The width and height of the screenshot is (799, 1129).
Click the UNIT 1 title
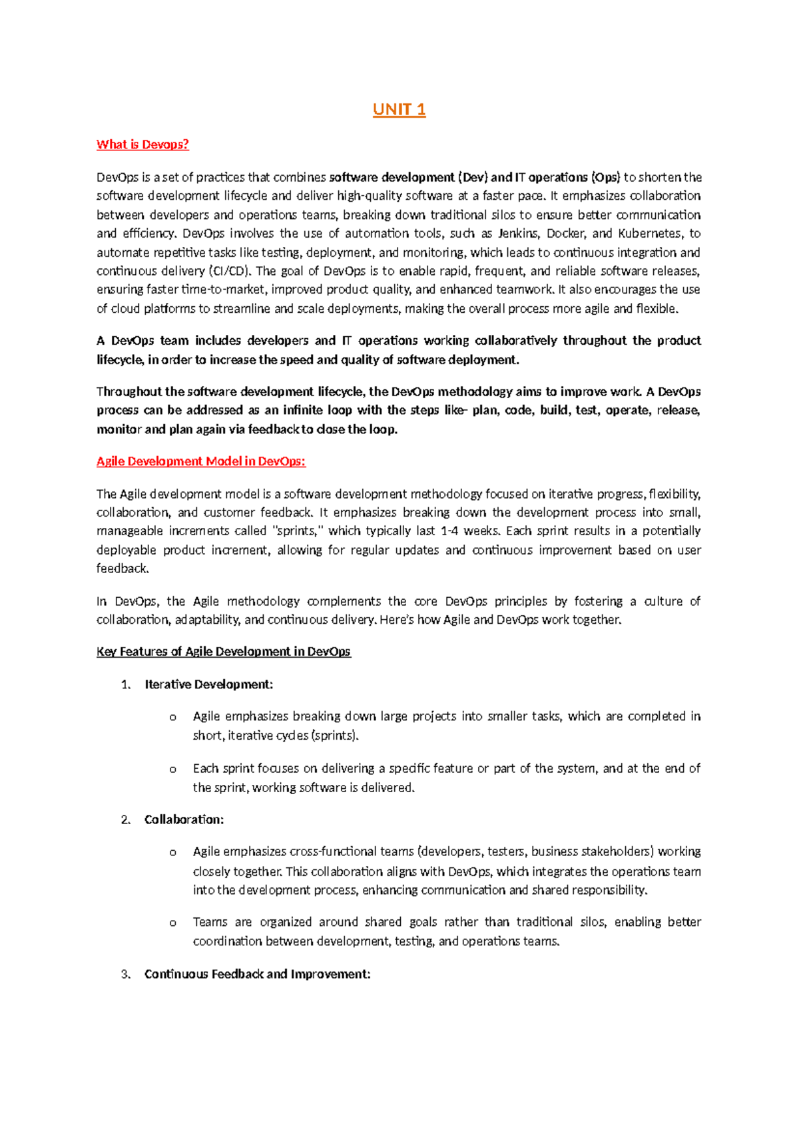pos(399,110)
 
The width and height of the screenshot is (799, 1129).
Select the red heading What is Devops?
pos(142,144)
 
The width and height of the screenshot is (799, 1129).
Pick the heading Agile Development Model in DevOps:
pos(200,461)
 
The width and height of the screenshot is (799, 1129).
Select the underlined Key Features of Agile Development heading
pos(223,652)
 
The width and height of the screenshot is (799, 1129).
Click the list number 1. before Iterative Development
pos(127,684)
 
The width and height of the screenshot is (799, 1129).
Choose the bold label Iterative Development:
pos(209,684)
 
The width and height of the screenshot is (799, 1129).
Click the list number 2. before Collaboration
pos(127,819)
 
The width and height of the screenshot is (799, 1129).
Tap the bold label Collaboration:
pos(184,819)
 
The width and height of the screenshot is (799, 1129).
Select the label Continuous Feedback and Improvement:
pos(257,974)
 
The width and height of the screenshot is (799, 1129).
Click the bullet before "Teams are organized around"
pos(172,923)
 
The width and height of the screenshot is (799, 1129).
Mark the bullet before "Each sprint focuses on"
pos(172,770)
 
